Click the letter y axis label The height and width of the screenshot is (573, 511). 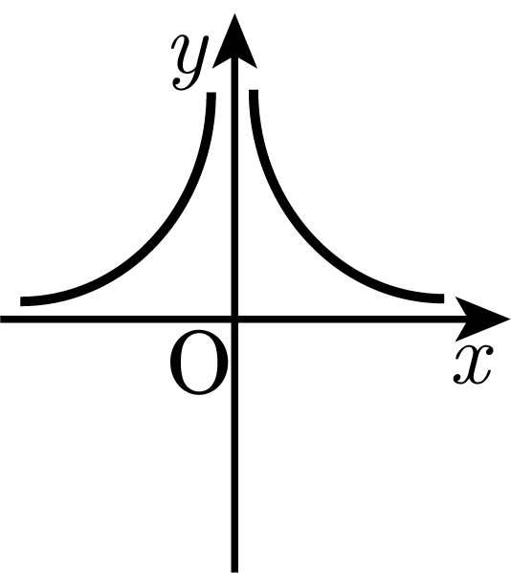pyautogui.click(x=190, y=62)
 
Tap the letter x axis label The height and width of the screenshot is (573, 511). pyautogui.click(x=474, y=364)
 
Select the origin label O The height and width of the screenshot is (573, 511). pyautogui.click(x=199, y=363)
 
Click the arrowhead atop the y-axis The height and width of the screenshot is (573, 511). pyautogui.click(x=234, y=42)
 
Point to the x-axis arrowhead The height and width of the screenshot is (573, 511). pyautogui.click(x=480, y=320)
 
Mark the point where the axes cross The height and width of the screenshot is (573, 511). pyautogui.click(x=234, y=320)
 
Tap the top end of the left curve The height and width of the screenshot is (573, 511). pyautogui.click(x=211, y=93)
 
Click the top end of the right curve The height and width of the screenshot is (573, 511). pyautogui.click(x=254, y=91)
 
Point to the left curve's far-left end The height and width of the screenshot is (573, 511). pyautogui.click(x=21, y=301)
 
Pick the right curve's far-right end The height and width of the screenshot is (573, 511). pyautogui.click(x=443, y=298)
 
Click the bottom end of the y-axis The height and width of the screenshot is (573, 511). pyautogui.click(x=234, y=572)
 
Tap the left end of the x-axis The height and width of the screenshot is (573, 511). pyautogui.click(x=1, y=320)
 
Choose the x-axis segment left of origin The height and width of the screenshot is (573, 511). pyautogui.click(x=116, y=320)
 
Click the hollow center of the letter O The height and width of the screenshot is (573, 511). pyautogui.click(x=199, y=363)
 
